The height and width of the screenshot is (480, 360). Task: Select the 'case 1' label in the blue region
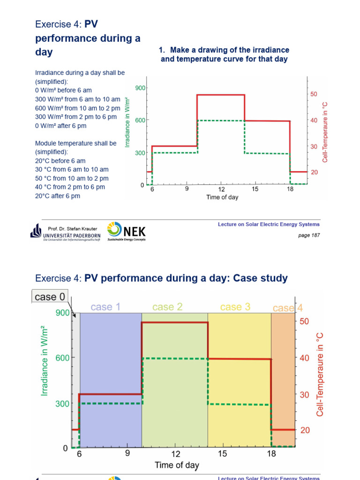pos(105,307)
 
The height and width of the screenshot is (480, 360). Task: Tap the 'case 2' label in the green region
pos(167,307)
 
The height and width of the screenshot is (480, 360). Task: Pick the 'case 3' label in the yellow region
pos(235,307)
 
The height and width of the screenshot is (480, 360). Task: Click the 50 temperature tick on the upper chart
pos(314,94)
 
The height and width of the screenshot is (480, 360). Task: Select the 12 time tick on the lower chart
pos(175,454)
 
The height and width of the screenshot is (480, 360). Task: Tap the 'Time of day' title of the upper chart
pos(222,197)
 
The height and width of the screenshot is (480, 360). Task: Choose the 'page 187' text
pos(309,235)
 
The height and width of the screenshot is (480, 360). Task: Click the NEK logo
pos(127,231)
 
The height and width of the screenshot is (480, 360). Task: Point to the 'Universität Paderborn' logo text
pos(71,234)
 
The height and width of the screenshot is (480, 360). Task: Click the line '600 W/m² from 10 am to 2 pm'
pos(78,108)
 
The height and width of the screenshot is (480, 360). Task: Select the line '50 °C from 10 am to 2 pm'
pos(72,178)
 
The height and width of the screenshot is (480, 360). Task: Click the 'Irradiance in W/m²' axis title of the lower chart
pos(45,361)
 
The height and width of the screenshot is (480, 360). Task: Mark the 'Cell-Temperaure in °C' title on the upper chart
pos(325,132)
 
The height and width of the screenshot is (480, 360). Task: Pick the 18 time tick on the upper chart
pos(290,189)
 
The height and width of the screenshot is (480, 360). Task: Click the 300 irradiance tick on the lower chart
pos(62,404)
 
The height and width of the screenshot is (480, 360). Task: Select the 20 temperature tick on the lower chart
pos(305,430)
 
